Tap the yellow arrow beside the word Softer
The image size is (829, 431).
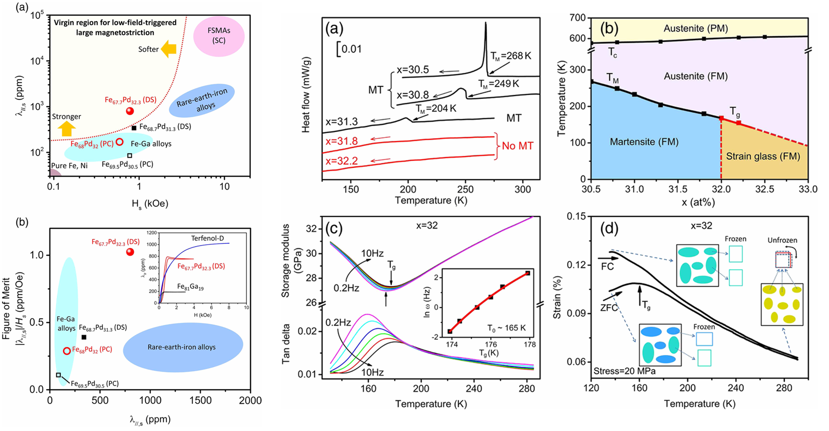(168, 49)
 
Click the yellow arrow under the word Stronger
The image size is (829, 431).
(66, 128)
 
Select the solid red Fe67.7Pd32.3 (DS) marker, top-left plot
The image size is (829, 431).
(130, 111)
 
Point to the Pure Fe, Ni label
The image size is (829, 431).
(69, 165)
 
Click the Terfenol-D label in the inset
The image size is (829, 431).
(208, 238)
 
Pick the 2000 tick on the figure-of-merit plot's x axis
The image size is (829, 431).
(250, 400)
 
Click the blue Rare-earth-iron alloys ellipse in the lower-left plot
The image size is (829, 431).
(183, 347)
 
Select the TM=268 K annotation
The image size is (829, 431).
(511, 56)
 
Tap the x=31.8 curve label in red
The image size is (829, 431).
(341, 141)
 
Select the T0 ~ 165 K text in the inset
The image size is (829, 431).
(511, 328)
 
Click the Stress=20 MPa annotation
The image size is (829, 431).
(624, 371)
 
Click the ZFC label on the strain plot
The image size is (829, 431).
(609, 308)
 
